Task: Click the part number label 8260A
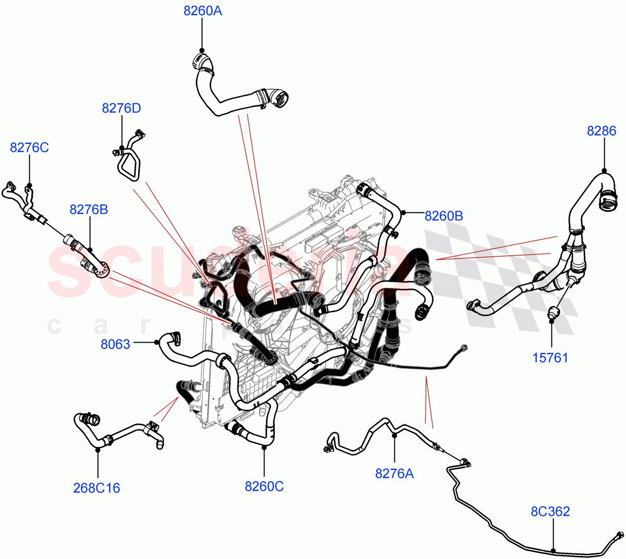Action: (202, 11)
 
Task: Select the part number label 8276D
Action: (122, 108)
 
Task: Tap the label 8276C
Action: (29, 148)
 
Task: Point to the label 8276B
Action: (89, 210)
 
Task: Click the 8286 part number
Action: (601, 131)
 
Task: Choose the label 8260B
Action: (443, 216)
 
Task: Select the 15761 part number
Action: (550, 358)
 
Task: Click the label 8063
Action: (115, 344)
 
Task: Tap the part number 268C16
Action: (97, 488)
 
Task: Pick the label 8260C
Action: (264, 487)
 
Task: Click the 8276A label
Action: (394, 473)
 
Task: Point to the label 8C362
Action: (550, 512)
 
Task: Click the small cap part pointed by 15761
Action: (552, 313)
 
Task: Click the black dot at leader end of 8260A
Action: (202, 50)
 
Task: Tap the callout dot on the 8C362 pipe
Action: (553, 550)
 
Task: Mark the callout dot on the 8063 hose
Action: (156, 342)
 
